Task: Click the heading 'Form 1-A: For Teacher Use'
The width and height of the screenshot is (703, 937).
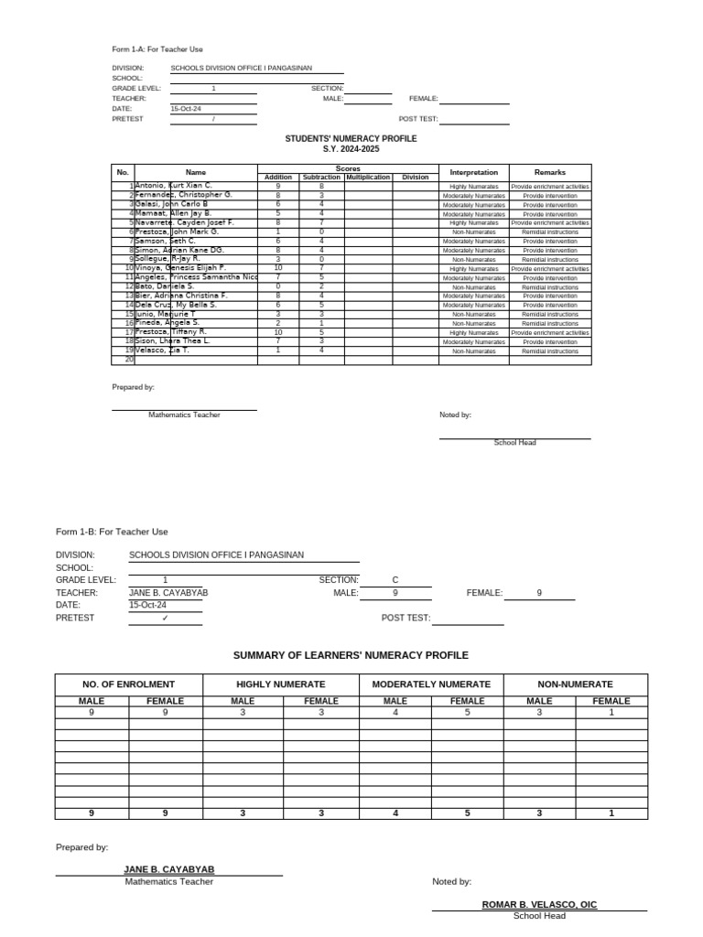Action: point(157,48)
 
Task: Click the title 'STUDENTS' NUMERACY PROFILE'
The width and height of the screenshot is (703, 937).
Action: point(351,138)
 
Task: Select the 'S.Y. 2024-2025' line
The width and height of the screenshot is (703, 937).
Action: point(351,149)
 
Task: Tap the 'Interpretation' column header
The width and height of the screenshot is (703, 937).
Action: point(473,172)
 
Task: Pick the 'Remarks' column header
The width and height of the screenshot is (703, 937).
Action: point(550,172)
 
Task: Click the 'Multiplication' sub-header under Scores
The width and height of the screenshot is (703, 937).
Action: point(368,178)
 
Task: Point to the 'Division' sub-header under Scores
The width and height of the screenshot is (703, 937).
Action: point(415,178)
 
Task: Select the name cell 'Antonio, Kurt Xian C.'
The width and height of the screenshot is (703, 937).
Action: point(174,186)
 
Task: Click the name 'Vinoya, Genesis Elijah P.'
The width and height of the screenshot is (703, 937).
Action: point(180,268)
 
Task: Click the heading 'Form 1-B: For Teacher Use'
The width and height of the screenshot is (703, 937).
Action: point(112,532)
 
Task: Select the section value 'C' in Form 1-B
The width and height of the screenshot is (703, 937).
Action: point(395,580)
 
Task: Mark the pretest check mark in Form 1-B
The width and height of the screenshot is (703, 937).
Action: point(165,618)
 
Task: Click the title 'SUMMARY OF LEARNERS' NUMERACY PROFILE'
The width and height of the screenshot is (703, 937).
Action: point(351,655)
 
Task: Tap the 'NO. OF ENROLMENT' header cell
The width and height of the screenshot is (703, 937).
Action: point(128,684)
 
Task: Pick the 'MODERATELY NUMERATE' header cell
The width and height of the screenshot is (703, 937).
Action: point(431,684)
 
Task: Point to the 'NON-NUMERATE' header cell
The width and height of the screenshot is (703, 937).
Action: point(575,684)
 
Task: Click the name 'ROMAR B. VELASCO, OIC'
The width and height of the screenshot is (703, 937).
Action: point(539,904)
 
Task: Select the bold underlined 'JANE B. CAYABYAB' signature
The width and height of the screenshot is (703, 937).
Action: point(169,869)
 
